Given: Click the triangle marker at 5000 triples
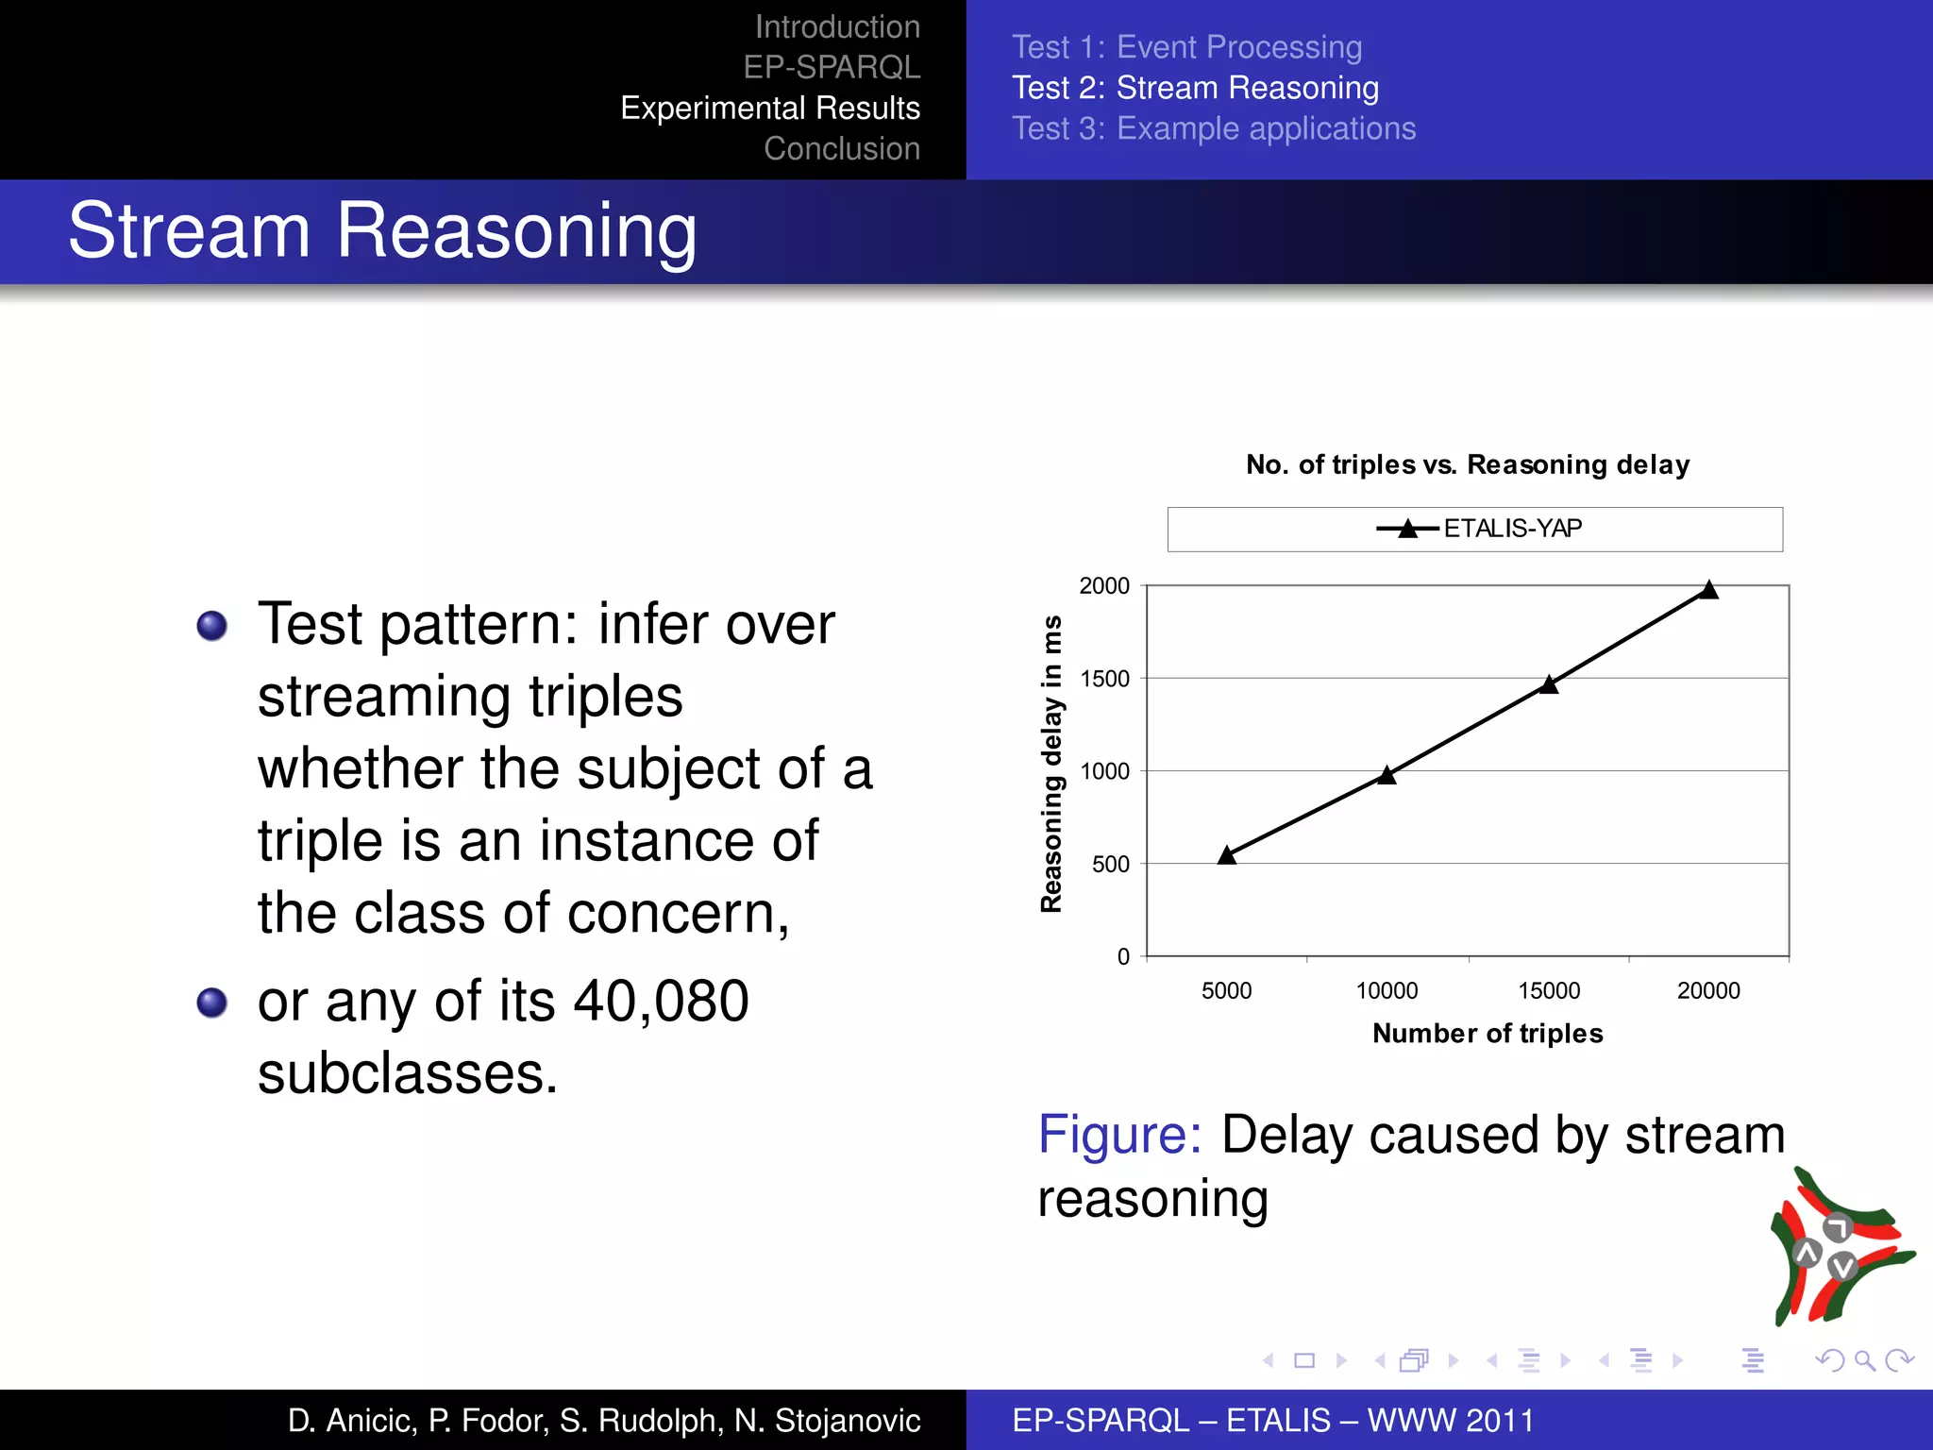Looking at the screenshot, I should tap(1226, 855).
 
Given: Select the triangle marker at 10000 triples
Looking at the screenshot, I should tap(1387, 775).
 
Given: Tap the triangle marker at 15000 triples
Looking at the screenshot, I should tap(1548, 684).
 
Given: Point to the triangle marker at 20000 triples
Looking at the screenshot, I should tap(1708, 590).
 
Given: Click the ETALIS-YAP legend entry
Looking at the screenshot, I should tap(1478, 529).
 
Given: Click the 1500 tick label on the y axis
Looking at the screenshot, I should tap(1104, 679).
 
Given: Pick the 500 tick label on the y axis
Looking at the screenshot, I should tap(1110, 864).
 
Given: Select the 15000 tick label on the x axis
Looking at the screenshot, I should tap(1548, 990).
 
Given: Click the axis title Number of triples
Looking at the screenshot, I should tap(1488, 1033).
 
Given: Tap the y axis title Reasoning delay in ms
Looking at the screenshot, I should tap(1051, 765).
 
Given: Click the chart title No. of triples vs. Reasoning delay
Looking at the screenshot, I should tap(1467, 464).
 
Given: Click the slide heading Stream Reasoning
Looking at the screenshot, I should tap(382, 230).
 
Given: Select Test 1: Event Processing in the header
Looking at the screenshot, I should tap(1186, 47).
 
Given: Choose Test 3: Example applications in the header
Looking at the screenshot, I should tap(1214, 128).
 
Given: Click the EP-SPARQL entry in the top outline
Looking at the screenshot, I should tap(831, 67).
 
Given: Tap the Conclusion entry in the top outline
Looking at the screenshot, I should tap(841, 148).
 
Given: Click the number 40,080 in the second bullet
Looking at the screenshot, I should tap(661, 1001).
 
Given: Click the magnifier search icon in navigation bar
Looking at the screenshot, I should tap(1864, 1360).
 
